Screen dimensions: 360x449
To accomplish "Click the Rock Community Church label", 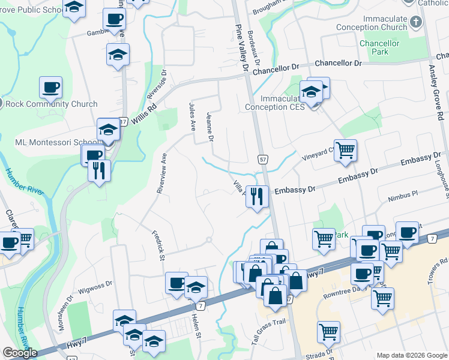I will point(51,104).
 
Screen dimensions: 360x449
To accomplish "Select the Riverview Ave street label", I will point(161,172).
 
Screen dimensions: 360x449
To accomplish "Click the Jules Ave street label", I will point(193,117).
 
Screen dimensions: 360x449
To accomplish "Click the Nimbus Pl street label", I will point(402,196).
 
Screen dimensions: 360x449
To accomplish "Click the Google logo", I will point(20,353).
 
